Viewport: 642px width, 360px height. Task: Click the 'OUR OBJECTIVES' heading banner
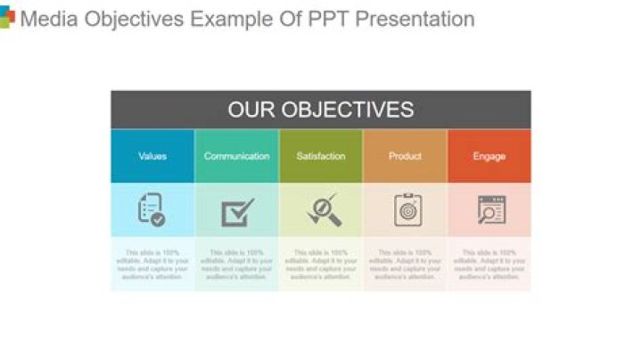[320, 110]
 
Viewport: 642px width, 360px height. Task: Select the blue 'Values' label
[152, 156]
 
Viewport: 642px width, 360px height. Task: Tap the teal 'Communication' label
[236, 156]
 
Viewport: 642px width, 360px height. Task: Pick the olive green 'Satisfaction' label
[321, 156]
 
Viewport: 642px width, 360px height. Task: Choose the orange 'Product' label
[405, 156]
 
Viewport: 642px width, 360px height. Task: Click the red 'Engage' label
[489, 156]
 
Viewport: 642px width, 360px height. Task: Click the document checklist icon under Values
[152, 209]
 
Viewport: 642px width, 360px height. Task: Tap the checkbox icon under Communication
[237, 212]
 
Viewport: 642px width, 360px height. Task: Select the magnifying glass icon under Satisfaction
[322, 209]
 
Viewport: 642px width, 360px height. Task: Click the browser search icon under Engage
[491, 209]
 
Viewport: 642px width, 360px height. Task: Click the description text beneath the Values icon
[152, 265]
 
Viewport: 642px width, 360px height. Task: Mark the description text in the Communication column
[236, 265]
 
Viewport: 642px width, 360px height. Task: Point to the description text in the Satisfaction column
[321, 265]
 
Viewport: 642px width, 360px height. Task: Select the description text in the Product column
[405, 265]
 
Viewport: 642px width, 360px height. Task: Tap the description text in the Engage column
[489, 265]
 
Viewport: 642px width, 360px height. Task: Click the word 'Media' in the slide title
[49, 19]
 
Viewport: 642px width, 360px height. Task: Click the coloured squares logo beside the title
[6, 18]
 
